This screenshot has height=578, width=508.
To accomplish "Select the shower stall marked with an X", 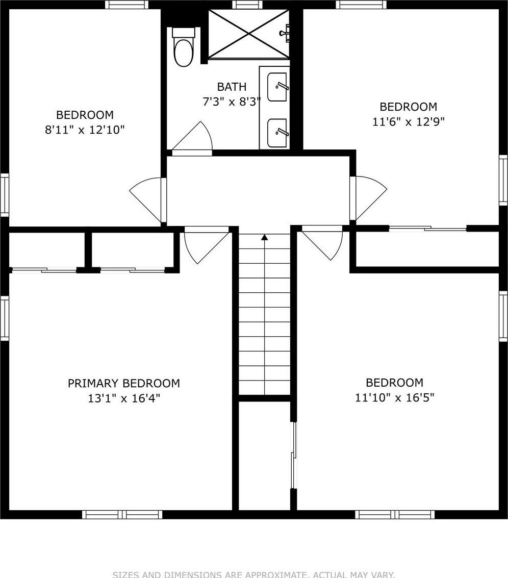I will (248, 34).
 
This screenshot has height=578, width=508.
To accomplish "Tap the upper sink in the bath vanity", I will (277, 87).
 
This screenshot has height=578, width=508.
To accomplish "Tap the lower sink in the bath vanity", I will (277, 132).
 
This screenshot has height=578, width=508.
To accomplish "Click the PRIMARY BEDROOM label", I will (123, 383).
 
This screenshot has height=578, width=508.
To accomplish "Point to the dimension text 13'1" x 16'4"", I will (123, 398).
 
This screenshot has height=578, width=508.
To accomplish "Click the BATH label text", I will (232, 87).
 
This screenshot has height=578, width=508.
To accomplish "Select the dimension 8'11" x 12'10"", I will (85, 130).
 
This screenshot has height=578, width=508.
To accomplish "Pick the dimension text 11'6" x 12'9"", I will (408, 122).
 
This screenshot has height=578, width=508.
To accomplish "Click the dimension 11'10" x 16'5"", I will (394, 397).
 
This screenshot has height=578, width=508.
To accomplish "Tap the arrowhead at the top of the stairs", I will (264, 237).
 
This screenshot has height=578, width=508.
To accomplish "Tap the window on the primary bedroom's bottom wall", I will (122, 514).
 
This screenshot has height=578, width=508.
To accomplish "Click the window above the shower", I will (247, 5).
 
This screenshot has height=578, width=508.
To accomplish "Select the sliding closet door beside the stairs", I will (293, 455).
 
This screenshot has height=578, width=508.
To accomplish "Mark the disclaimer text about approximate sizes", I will (253, 574).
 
